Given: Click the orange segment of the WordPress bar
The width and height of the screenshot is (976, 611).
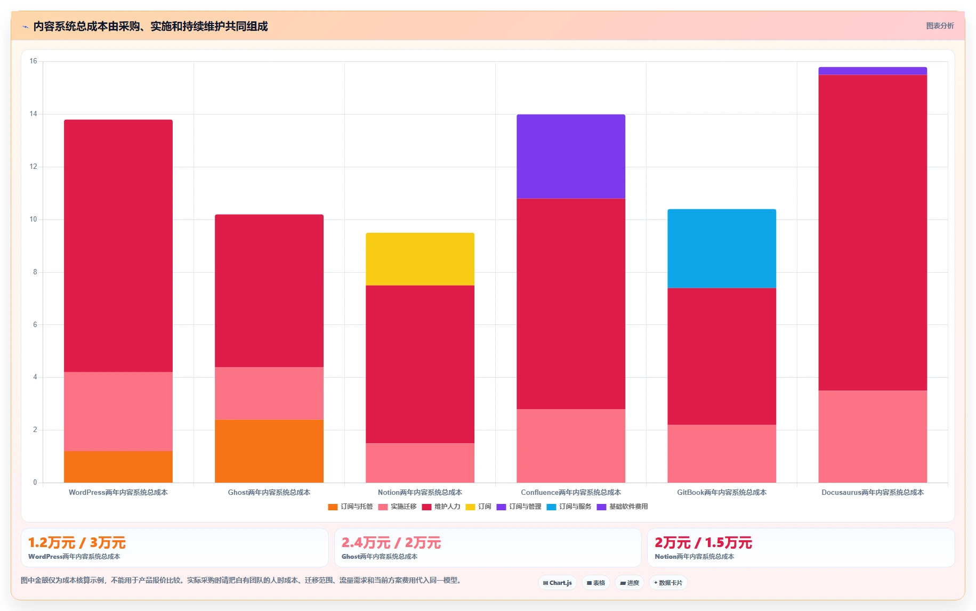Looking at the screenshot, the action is coord(118,467).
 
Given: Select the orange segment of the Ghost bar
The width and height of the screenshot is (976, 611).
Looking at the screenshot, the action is coord(269,451).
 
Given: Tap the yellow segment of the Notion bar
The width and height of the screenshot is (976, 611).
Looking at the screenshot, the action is coord(420,259).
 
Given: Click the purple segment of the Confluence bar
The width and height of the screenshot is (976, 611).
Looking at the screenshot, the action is coord(571,157).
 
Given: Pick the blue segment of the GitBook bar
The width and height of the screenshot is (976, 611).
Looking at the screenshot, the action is coord(722,248).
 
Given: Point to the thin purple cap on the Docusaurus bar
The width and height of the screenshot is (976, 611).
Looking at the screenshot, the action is coord(873,71).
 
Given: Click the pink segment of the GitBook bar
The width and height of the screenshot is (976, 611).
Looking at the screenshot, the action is coord(722,453).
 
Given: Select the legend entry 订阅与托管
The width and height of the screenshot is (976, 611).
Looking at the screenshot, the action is coord(350,507).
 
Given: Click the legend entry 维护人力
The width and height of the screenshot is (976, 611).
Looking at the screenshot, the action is coord(441,507).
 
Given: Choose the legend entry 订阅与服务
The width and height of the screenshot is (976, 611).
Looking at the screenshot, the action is coord(569,507).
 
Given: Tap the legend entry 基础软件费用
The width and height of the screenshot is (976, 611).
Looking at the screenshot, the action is coord(622,507).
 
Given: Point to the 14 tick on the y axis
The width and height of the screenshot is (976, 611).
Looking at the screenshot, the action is coord(34,114).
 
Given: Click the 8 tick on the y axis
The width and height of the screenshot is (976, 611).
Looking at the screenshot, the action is coord(35,272).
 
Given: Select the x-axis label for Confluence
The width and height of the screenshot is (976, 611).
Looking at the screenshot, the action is coord(571,492).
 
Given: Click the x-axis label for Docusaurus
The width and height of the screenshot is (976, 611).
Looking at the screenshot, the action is coord(873,492).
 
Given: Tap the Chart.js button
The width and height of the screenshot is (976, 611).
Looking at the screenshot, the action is coord(558,583).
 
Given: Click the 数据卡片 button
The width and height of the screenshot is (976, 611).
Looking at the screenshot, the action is coord(668,583).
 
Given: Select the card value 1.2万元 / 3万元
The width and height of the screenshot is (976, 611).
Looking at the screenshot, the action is coord(77,543).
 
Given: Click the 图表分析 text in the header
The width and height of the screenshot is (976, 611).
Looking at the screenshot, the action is coord(940,26).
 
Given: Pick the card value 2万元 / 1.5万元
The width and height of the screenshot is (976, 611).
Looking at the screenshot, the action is coord(703,543).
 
